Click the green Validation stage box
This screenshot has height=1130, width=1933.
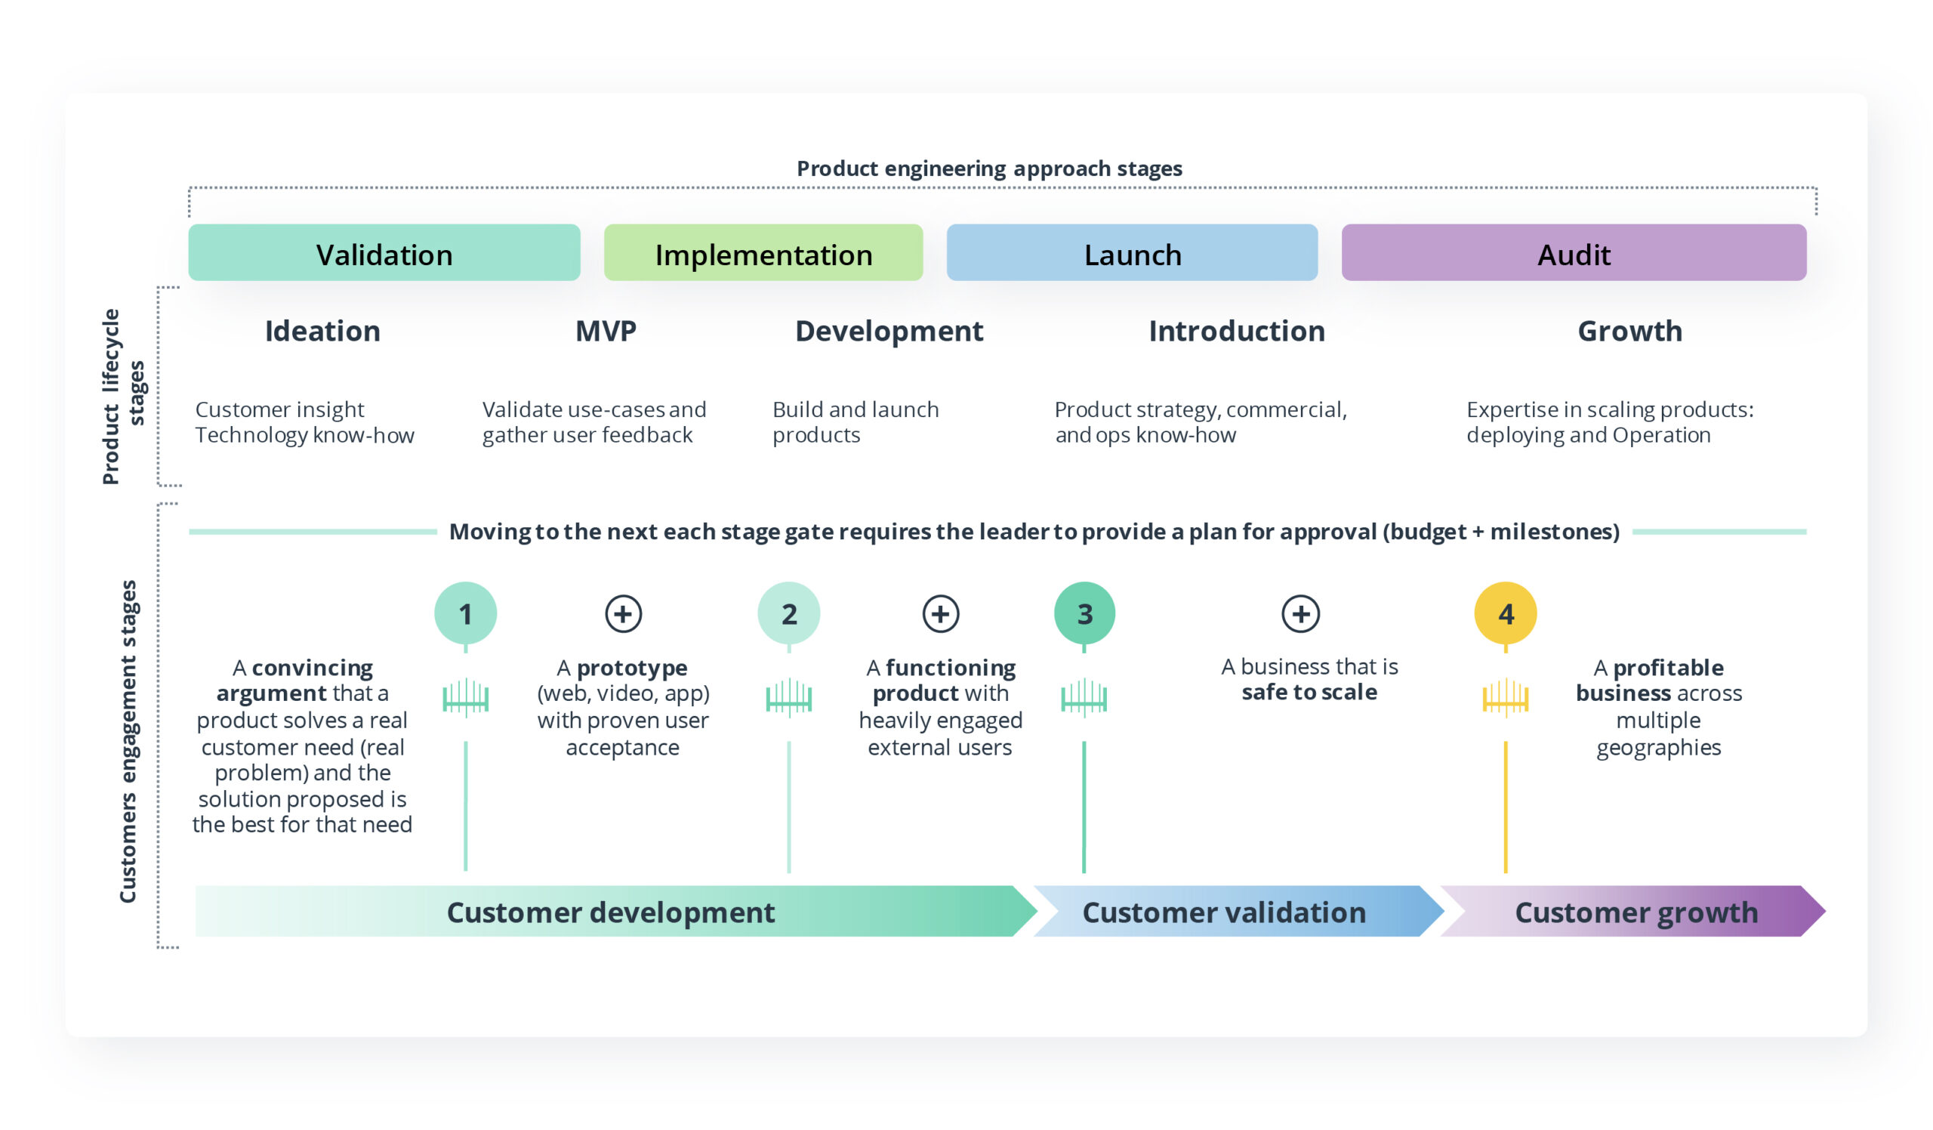pyautogui.click(x=384, y=253)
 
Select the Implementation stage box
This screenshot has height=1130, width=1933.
pyautogui.click(x=763, y=253)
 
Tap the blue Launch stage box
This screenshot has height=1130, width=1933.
pyautogui.click(x=1132, y=253)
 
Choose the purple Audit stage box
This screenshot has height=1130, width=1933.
pyautogui.click(x=1574, y=253)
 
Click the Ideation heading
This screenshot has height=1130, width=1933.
pyautogui.click(x=322, y=332)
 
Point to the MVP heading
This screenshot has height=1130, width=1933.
pyautogui.click(x=606, y=332)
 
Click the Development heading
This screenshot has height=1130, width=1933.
pyautogui.click(x=888, y=332)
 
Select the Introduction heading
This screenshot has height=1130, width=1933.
pyautogui.click(x=1236, y=332)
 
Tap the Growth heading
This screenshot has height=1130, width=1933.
pyautogui.click(x=1629, y=332)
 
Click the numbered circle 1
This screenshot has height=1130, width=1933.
pyautogui.click(x=465, y=613)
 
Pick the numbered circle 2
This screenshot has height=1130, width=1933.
pyautogui.click(x=788, y=613)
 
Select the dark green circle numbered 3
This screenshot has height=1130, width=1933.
pyautogui.click(x=1084, y=613)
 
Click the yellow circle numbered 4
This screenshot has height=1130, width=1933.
pyautogui.click(x=1505, y=613)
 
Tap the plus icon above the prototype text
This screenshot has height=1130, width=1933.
pyautogui.click(x=623, y=613)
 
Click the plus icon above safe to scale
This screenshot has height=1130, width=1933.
pyautogui.click(x=1300, y=613)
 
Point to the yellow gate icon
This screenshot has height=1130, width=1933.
pyautogui.click(x=1505, y=697)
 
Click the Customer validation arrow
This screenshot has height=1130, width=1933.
pyautogui.click(x=1223, y=912)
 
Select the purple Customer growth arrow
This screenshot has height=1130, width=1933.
pyautogui.click(x=1635, y=912)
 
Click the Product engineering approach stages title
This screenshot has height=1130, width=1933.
pyautogui.click(x=988, y=168)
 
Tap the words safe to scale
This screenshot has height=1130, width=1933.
pyautogui.click(x=1309, y=692)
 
